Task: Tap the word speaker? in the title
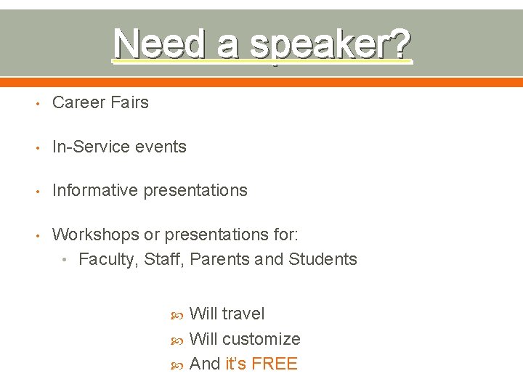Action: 331,45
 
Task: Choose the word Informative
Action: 95,190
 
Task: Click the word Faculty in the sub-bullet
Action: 108,259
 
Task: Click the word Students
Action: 323,259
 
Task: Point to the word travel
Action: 243,314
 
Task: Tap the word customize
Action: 261,339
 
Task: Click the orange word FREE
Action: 275,364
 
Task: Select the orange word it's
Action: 236,364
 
